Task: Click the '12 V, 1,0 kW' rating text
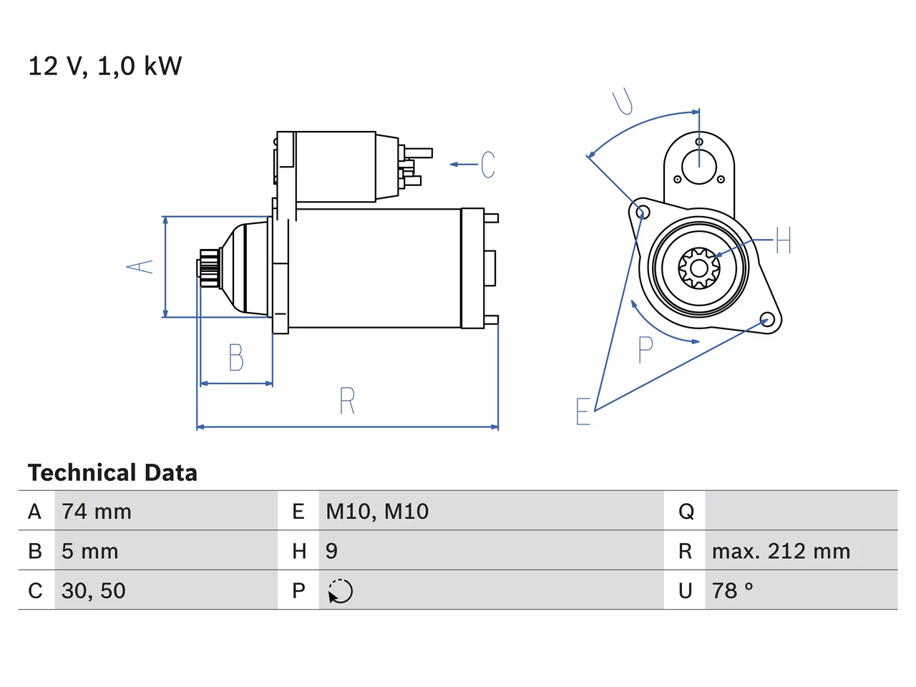[104, 66]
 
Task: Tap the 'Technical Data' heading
[112, 472]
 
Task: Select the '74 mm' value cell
[97, 512]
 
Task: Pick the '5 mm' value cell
[89, 551]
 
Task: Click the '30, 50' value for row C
[94, 590]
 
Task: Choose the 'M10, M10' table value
[377, 512]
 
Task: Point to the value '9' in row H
[331, 551]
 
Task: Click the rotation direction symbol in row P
[340, 591]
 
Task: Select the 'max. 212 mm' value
[781, 551]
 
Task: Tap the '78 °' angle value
[732, 590]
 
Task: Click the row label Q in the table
[686, 512]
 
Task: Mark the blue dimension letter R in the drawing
[347, 401]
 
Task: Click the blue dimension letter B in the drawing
[236, 358]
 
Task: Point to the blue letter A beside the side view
[140, 266]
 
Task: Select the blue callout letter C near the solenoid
[488, 165]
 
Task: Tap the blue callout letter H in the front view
[784, 240]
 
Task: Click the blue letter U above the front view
[623, 102]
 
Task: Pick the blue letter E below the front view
[583, 411]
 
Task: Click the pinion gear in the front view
[698, 268]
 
